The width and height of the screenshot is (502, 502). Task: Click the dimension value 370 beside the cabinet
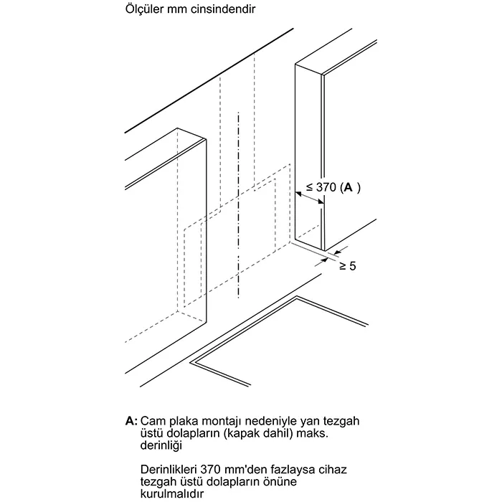coord(326,187)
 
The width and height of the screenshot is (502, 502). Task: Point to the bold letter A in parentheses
coord(348,187)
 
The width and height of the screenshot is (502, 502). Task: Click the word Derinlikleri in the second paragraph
coord(172,468)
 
